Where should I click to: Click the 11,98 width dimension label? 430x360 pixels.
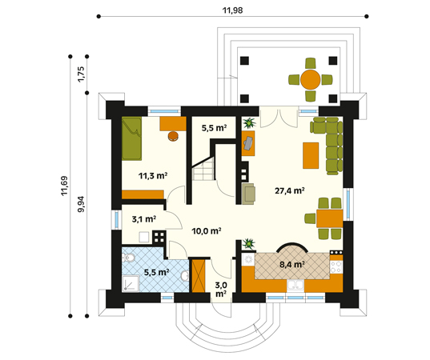232,10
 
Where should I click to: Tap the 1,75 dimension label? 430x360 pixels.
81,74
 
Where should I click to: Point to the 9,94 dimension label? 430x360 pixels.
81,204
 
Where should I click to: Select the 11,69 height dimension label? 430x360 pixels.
64,186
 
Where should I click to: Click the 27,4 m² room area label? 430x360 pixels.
290,190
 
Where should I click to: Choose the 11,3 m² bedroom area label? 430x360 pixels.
153,175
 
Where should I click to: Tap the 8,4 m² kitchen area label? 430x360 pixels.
292,264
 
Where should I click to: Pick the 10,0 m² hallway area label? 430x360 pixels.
207,231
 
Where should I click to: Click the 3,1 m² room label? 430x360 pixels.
144,219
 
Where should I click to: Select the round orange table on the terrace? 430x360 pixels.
311,80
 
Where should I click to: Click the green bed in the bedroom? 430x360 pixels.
131,138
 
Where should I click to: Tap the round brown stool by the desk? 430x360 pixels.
173,136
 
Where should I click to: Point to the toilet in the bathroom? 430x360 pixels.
128,258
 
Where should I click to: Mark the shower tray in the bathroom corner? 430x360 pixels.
131,284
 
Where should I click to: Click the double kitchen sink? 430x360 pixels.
295,286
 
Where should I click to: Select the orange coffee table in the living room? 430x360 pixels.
311,155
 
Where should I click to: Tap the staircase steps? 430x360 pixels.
203,170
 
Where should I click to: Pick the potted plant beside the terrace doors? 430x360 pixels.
249,123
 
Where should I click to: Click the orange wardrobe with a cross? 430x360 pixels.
199,276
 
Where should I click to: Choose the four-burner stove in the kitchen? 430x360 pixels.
336,267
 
